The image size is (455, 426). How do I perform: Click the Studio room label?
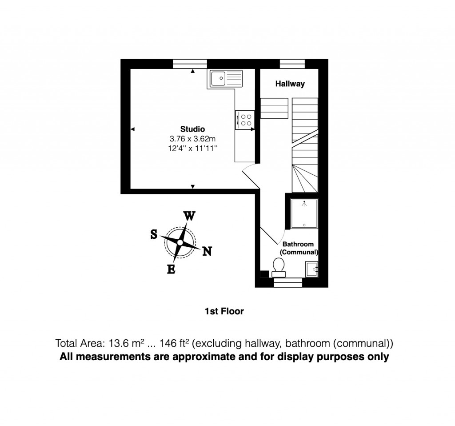[x=192, y=129]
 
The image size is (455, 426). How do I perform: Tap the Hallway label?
[x=290, y=84]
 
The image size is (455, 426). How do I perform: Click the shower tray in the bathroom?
[x=304, y=214]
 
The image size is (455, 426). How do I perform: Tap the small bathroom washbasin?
[x=311, y=269]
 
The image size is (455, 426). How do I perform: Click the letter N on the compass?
[x=207, y=251]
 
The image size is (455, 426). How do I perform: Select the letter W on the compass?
[x=189, y=217]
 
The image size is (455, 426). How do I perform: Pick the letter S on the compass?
[x=154, y=234]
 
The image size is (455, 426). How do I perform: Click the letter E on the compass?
[x=171, y=269]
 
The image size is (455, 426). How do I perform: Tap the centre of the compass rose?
[x=180, y=242]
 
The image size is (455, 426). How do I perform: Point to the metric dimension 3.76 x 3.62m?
[x=192, y=139]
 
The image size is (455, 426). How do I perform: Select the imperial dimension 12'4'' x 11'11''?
[x=192, y=149]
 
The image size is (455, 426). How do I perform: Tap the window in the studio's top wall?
[x=190, y=64]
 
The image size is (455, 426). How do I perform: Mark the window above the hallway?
[x=292, y=64]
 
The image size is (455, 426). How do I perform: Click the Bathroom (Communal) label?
[x=298, y=248]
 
